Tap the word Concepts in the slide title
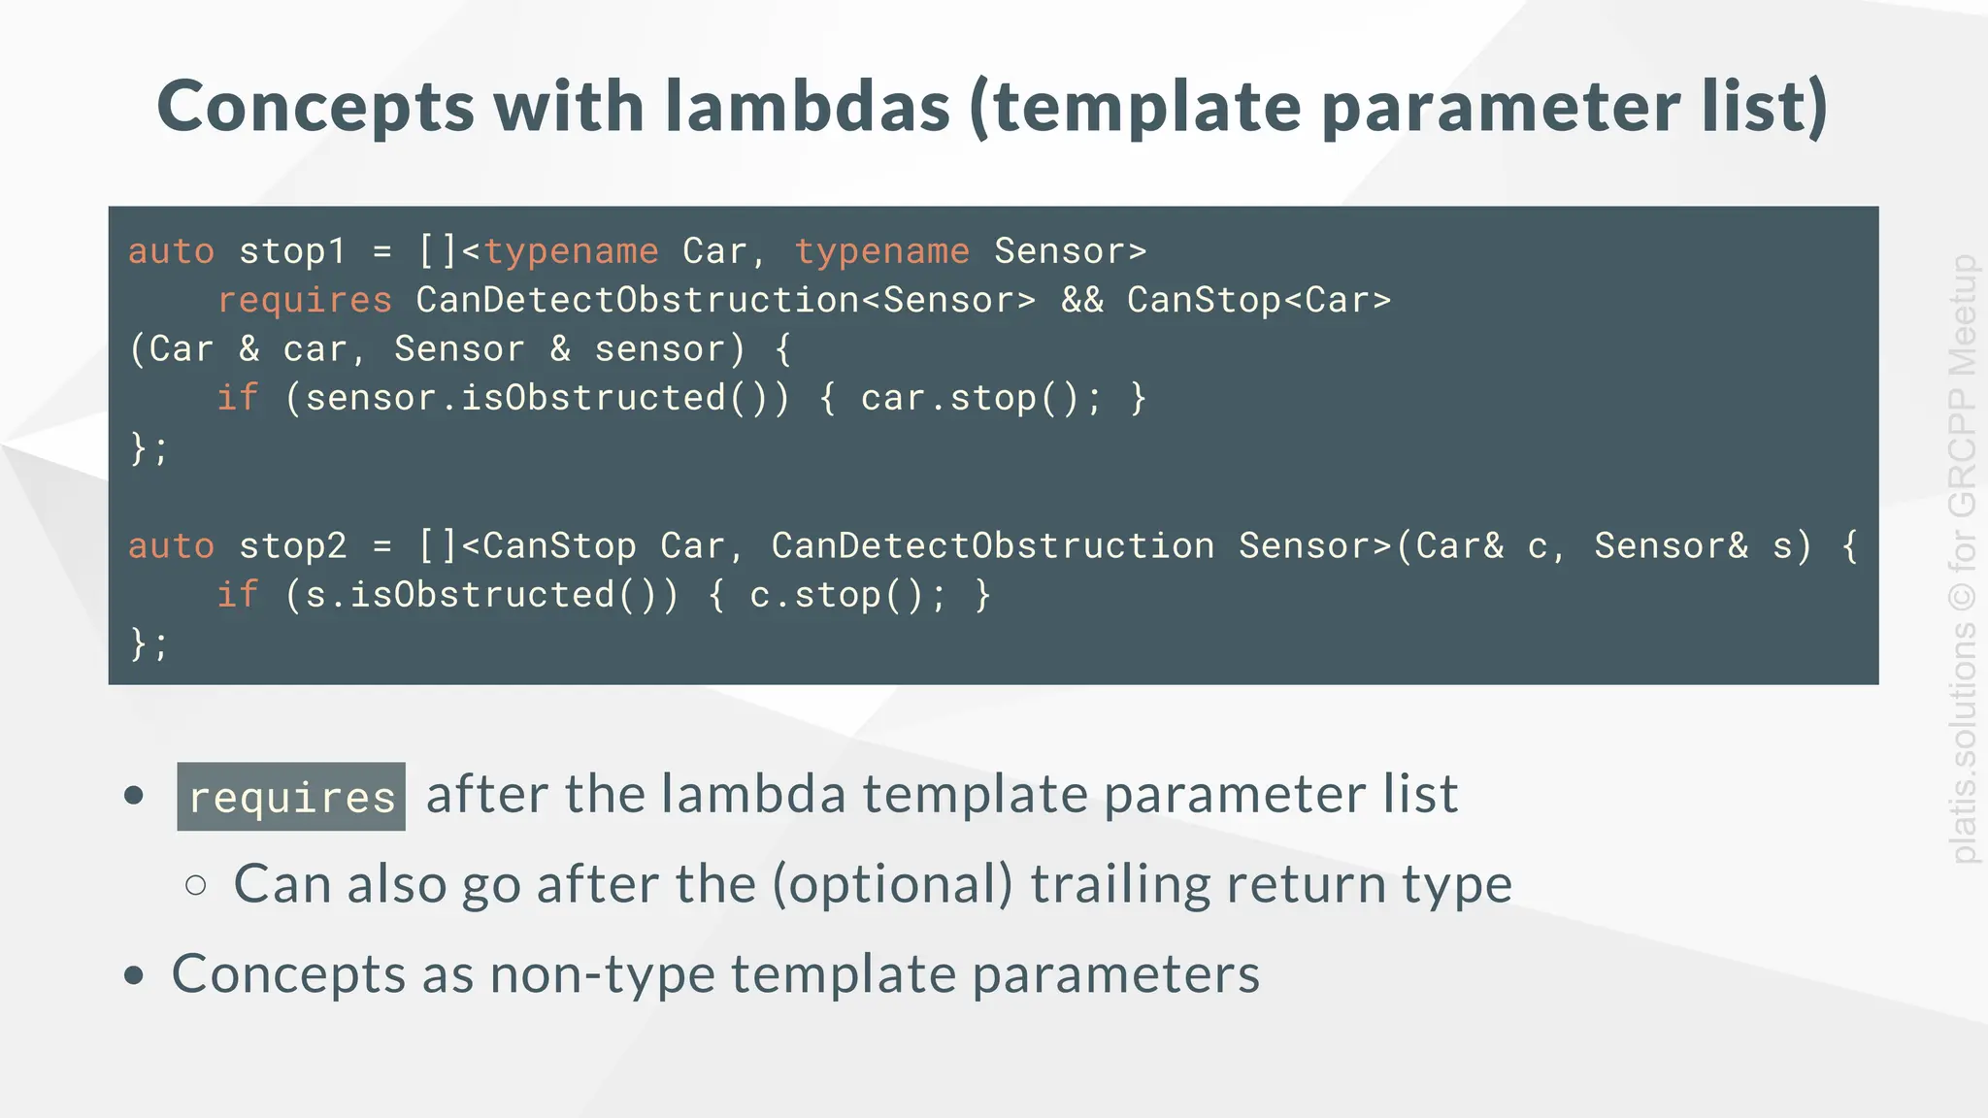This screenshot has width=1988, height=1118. pos(315,108)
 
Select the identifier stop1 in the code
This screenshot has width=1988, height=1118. pos(292,251)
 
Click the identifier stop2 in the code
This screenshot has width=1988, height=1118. pos(292,545)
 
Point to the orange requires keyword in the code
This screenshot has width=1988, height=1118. pos(305,301)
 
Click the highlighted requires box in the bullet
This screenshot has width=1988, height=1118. pos(291,797)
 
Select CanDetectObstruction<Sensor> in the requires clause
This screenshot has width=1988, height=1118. pos(725,301)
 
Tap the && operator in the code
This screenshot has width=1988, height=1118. pos(1082,301)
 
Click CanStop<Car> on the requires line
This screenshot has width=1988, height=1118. pos(1259,301)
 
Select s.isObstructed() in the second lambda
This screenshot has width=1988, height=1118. pos(481,595)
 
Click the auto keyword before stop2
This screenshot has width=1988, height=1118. pos(171,545)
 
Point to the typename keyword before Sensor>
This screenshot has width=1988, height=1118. pos(881,251)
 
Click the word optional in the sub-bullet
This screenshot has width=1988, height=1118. pos(892,884)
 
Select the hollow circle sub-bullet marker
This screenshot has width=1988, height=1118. pos(196,884)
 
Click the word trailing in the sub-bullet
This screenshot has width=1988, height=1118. pos(1119,884)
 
